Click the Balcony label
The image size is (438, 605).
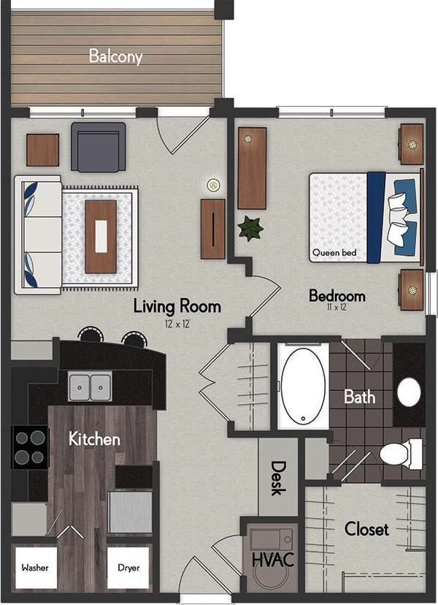tap(115, 56)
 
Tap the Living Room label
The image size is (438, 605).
tap(177, 306)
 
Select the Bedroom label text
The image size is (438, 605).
tap(337, 296)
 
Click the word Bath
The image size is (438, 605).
tap(359, 397)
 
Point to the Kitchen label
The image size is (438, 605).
tap(94, 439)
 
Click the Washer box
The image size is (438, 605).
tap(34, 567)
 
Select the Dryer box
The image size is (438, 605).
tap(128, 567)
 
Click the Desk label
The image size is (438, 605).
tap(278, 477)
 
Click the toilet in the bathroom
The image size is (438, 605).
tap(399, 454)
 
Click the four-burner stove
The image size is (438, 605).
tap(30, 447)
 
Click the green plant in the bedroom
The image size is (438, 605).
tap(250, 229)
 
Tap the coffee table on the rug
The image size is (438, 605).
tap(100, 227)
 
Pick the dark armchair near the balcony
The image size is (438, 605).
tap(98, 146)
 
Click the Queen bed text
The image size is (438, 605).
tap(334, 254)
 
